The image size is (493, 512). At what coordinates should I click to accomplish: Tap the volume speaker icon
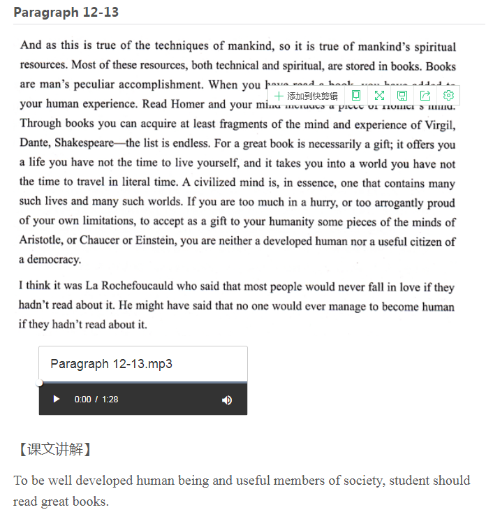point(226,400)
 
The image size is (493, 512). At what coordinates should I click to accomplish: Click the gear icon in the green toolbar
point(448,96)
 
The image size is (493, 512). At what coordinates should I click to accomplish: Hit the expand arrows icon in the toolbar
point(379,96)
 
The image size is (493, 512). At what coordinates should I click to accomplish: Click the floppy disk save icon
point(402,96)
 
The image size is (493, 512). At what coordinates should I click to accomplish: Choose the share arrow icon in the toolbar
point(425,96)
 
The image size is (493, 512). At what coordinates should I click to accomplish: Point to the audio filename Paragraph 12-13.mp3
point(111,364)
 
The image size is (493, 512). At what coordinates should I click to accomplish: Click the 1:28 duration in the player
point(110,400)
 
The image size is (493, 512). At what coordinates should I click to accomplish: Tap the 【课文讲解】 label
point(53,449)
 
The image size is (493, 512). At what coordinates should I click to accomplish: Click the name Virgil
point(439,125)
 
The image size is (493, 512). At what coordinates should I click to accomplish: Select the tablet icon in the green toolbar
point(356,96)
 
